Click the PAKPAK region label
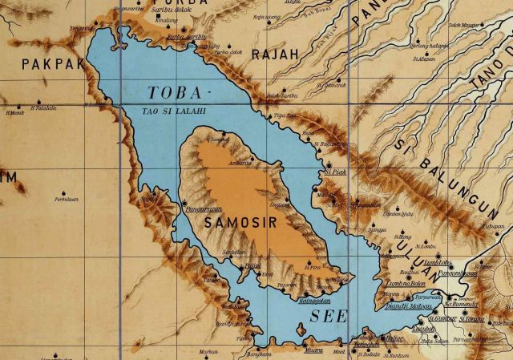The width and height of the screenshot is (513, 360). pos(53,63)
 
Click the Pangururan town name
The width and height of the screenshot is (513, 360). pos(202,206)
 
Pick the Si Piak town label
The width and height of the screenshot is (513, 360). pos(334,171)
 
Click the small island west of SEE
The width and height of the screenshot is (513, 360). pos(300,329)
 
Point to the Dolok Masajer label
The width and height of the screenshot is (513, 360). pos(463,25)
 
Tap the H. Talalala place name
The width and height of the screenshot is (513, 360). pos(43,107)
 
